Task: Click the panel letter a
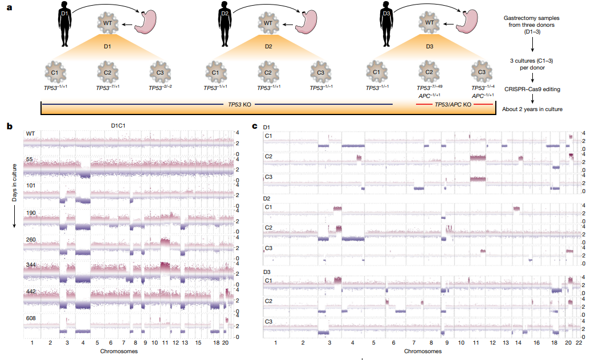(x=9, y=7)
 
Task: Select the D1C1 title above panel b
(x=119, y=125)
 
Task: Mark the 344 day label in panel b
(x=30, y=265)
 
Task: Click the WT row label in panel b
(x=30, y=133)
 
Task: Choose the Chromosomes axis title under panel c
(x=422, y=351)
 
